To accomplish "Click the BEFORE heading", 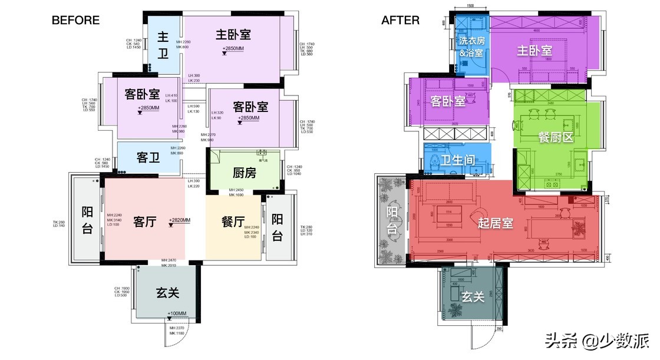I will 75,20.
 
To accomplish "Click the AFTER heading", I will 400,20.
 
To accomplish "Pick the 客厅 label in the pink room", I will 144,222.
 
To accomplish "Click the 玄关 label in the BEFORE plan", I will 167,293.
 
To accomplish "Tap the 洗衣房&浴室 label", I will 471,47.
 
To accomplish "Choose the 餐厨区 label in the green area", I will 556,137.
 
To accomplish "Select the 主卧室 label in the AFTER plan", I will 534,51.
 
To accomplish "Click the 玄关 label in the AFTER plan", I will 473,297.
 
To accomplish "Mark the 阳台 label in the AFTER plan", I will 392,220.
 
